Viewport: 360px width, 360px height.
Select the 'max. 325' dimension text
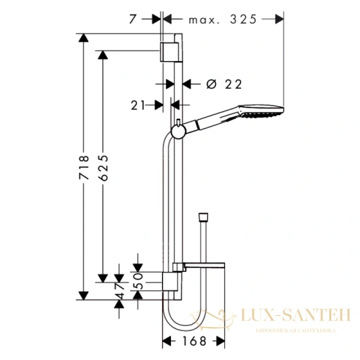(x=223, y=19)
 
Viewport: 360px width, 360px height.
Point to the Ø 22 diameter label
(x=219, y=85)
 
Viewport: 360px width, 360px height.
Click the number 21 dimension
(x=139, y=105)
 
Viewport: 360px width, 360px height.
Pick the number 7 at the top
(x=133, y=19)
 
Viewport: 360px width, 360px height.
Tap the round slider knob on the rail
(x=178, y=131)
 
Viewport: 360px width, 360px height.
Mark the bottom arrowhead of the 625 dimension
(x=103, y=277)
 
